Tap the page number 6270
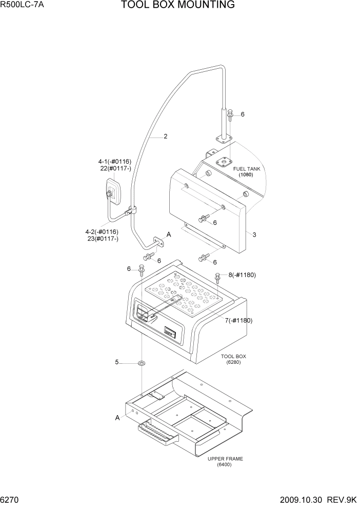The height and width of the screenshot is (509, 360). pos(11,500)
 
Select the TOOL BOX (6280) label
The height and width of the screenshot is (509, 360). pos(233,359)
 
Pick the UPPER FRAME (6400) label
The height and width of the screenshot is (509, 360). pos(225,461)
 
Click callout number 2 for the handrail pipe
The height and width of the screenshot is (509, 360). pos(166,136)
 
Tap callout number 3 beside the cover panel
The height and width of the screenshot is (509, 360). pos(254,234)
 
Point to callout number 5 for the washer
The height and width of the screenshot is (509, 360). pos(117,362)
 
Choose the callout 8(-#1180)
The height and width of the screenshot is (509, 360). pos(242,275)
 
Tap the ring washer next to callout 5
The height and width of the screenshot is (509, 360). pos(141,363)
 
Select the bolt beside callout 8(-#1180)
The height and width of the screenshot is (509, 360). pos(218,277)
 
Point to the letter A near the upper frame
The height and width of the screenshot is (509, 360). pos(117,418)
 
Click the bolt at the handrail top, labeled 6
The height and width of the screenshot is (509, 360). pos(230,114)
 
